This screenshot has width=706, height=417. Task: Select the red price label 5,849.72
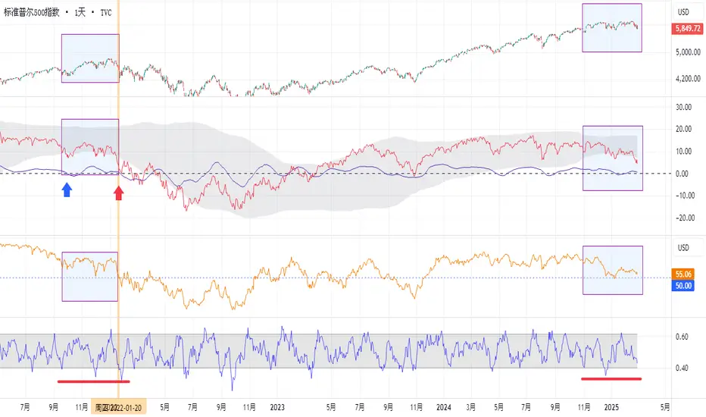click(687, 28)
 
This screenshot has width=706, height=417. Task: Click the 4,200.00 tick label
click(686, 78)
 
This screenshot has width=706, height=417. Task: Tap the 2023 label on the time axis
click(275, 406)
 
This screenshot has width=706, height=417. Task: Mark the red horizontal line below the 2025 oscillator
click(611, 378)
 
